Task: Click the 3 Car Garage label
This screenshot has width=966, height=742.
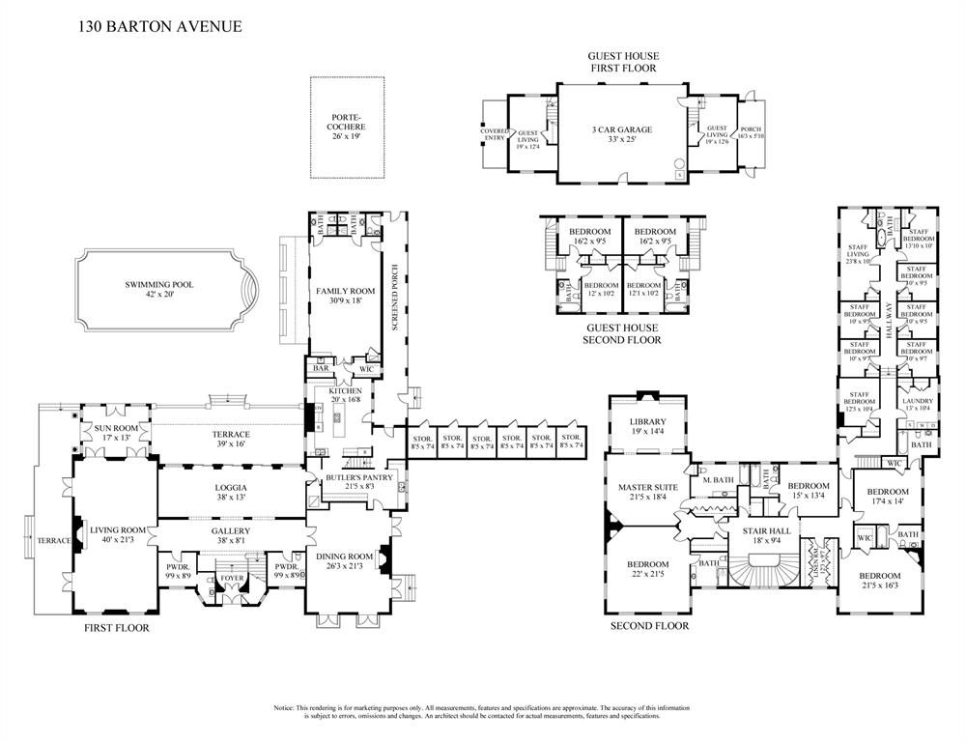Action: pyautogui.click(x=622, y=129)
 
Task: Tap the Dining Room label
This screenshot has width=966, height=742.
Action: pyautogui.click(x=345, y=556)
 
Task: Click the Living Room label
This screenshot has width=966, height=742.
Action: pyautogui.click(x=117, y=530)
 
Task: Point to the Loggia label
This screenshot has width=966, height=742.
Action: pyautogui.click(x=230, y=488)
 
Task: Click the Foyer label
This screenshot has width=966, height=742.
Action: pyautogui.click(x=233, y=578)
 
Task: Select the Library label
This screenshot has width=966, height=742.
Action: pyautogui.click(x=647, y=421)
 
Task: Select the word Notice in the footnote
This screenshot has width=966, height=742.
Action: pyautogui.click(x=287, y=709)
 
